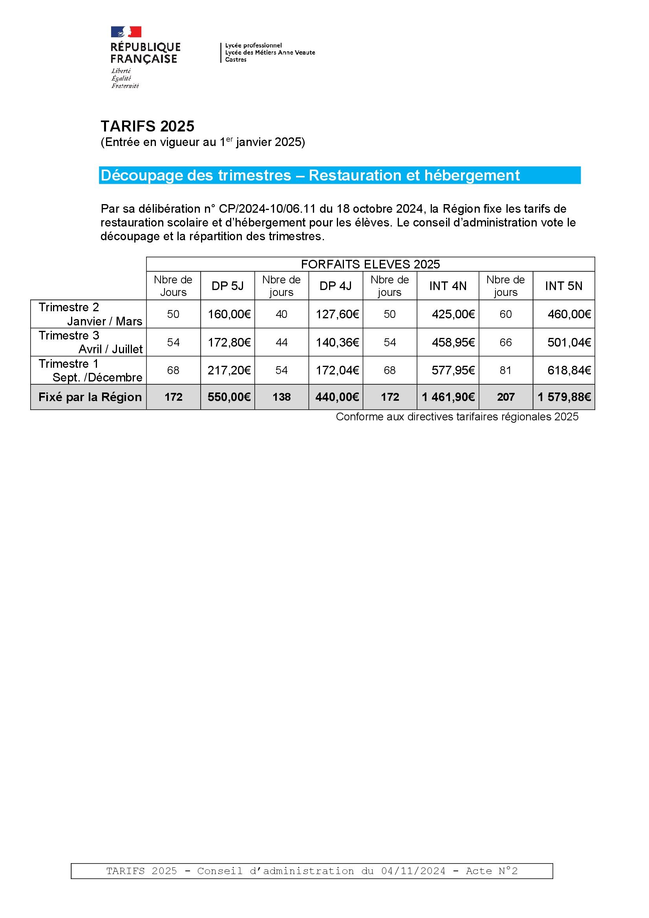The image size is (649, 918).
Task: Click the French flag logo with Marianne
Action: (x=126, y=32)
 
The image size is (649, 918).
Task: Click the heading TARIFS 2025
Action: (x=147, y=126)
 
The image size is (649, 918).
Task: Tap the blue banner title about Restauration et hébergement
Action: (x=310, y=175)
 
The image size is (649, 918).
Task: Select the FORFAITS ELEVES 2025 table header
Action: (x=370, y=264)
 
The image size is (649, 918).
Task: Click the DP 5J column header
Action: (x=228, y=286)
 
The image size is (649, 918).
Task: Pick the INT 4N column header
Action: (x=448, y=286)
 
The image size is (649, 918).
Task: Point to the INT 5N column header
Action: (x=563, y=286)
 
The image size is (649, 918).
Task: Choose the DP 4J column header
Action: (x=336, y=286)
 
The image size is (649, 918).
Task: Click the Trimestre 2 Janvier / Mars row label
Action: (x=90, y=314)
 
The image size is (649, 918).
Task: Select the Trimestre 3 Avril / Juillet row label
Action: (x=90, y=342)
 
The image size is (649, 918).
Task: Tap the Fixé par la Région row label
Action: (x=90, y=397)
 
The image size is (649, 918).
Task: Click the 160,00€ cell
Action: (x=229, y=314)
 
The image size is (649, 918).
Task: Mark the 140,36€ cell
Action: (x=337, y=342)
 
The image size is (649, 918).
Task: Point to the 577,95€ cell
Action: (x=453, y=370)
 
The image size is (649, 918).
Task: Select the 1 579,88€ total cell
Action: (x=564, y=397)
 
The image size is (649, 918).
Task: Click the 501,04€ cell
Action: (x=569, y=342)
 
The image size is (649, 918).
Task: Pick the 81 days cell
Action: (x=505, y=370)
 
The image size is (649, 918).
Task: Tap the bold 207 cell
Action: (x=505, y=397)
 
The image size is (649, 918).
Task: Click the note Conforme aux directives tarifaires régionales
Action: (x=457, y=417)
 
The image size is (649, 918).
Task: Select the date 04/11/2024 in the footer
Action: (x=413, y=871)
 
